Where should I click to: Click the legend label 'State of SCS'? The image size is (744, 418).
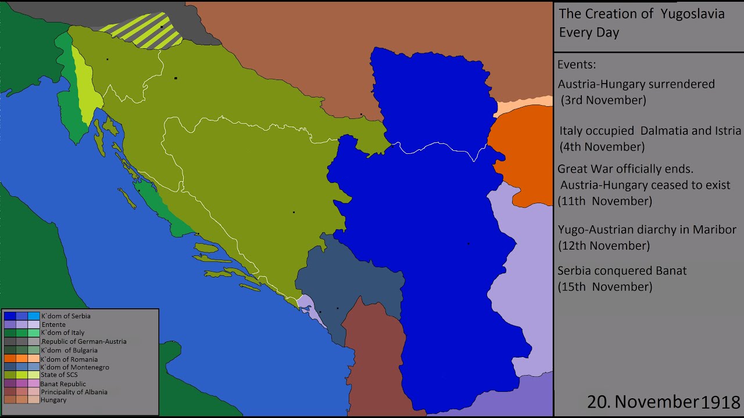pos(59,375)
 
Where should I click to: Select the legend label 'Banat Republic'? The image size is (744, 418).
pos(63,384)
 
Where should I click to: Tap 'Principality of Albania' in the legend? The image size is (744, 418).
pos(74,392)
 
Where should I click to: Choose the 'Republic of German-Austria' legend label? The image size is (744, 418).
pos(84,341)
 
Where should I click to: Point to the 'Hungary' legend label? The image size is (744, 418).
pos(53,400)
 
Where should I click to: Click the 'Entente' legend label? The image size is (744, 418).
pos(53,325)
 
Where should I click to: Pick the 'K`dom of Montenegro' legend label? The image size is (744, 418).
pos(74,367)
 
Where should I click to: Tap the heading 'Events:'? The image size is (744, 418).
pos(577,64)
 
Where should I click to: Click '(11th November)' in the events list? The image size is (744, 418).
pos(604,201)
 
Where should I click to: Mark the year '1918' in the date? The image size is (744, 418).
pos(721,402)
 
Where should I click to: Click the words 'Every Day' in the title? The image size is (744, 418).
pos(589,33)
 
